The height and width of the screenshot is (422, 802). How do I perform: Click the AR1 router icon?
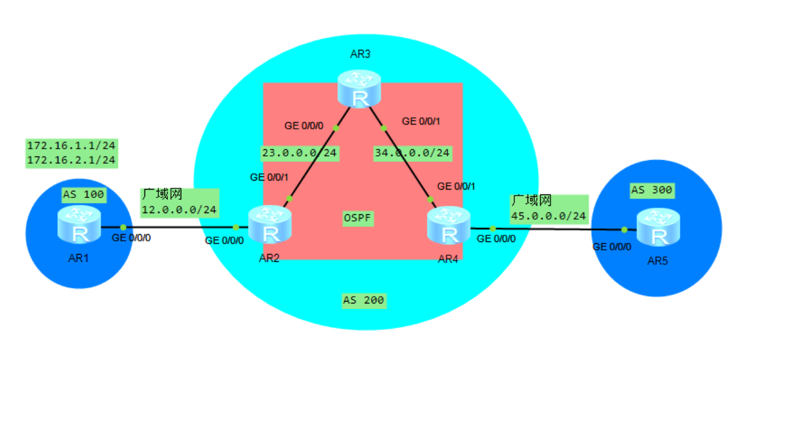79,225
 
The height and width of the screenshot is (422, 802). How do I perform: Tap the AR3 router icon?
359,89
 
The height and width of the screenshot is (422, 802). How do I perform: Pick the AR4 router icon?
449,226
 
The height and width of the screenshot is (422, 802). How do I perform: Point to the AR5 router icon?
659,227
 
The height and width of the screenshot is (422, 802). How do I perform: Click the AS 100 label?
84,194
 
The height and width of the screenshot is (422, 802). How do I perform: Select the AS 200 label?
364,300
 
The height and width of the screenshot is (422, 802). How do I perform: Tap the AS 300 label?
651,191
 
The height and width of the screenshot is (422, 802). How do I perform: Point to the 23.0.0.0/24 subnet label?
299,153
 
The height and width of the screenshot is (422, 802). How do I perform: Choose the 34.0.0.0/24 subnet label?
412,153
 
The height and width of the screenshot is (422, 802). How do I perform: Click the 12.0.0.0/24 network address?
179,210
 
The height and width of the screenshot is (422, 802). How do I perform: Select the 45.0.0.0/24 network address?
549,216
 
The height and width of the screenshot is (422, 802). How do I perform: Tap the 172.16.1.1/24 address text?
71,145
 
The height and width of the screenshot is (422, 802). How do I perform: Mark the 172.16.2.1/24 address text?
71,160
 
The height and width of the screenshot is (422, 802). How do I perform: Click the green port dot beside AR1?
123,227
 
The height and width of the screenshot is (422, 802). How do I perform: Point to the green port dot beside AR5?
624,229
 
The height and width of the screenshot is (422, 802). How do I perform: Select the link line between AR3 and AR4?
406,163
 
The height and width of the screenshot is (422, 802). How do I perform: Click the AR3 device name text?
360,54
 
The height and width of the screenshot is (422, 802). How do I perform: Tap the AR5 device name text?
657,261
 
